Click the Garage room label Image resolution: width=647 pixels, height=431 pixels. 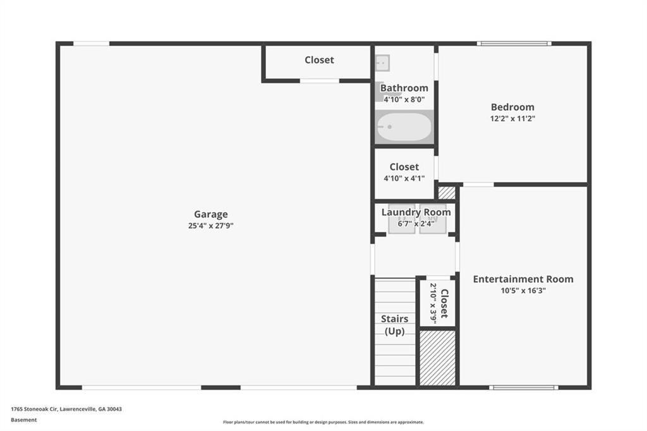pyautogui.click(x=211, y=214)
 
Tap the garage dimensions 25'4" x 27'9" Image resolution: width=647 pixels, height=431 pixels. pyautogui.click(x=211, y=226)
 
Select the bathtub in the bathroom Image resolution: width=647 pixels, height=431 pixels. pyautogui.click(x=404, y=127)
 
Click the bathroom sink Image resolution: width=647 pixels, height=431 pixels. pyautogui.click(x=382, y=63)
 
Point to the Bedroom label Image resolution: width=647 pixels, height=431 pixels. pyautogui.click(x=512, y=107)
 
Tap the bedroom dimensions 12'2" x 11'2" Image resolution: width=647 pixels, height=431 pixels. pyautogui.click(x=512, y=118)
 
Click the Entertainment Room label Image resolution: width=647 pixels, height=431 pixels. pyautogui.click(x=523, y=279)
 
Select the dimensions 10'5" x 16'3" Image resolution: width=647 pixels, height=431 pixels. pyautogui.click(x=523, y=291)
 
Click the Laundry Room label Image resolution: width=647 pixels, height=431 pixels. pyautogui.click(x=416, y=212)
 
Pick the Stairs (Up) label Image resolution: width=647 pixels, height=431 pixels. pyautogui.click(x=394, y=325)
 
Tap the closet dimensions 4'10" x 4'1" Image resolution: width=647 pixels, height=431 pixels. pyautogui.click(x=404, y=178)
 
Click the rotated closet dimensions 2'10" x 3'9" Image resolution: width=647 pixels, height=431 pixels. pyautogui.click(x=433, y=303)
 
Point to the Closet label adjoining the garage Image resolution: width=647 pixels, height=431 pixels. pyautogui.click(x=319, y=60)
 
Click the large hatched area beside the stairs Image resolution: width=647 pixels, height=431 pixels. pyautogui.click(x=437, y=358)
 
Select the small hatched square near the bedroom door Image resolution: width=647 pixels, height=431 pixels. pyautogui.click(x=447, y=193)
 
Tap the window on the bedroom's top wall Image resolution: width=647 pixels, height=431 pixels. pyautogui.click(x=514, y=44)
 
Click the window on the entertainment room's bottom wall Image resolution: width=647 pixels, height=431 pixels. pyautogui.click(x=524, y=387)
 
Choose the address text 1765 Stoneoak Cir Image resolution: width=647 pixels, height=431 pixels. pyautogui.click(x=34, y=409)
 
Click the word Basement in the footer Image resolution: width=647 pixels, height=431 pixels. pyautogui.click(x=24, y=420)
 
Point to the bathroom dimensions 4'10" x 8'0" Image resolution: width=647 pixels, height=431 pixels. pyautogui.click(x=404, y=99)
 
